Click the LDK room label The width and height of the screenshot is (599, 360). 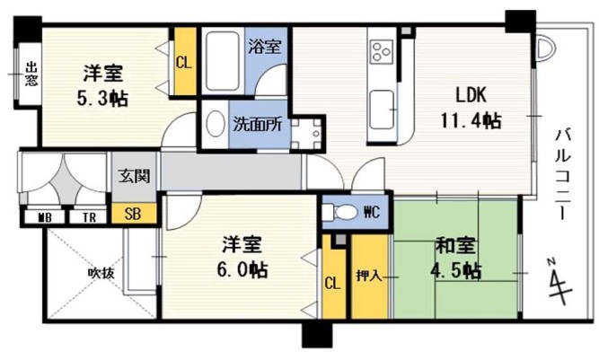pyautogui.click(x=471, y=94)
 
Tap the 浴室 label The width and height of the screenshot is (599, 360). pyautogui.click(x=265, y=46)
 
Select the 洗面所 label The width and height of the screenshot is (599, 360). pyautogui.click(x=258, y=124)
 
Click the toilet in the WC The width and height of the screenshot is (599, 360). pyautogui.click(x=339, y=212)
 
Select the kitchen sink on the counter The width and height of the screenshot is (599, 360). pyautogui.click(x=382, y=110)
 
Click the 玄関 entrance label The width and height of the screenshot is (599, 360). pyautogui.click(x=134, y=176)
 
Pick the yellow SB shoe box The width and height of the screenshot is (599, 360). pyautogui.click(x=134, y=214)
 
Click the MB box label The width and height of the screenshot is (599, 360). pyautogui.click(x=45, y=218)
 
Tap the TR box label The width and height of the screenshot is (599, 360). pyautogui.click(x=89, y=218)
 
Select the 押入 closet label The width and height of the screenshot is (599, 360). pyautogui.click(x=369, y=276)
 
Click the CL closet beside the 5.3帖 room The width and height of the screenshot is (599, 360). pyautogui.click(x=185, y=61)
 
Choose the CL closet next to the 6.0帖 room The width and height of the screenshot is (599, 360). pyautogui.click(x=333, y=283)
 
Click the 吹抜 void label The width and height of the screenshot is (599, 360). pyautogui.click(x=101, y=273)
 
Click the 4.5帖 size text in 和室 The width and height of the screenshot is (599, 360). pyautogui.click(x=455, y=271)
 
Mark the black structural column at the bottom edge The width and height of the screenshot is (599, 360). pyautogui.click(x=317, y=336)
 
